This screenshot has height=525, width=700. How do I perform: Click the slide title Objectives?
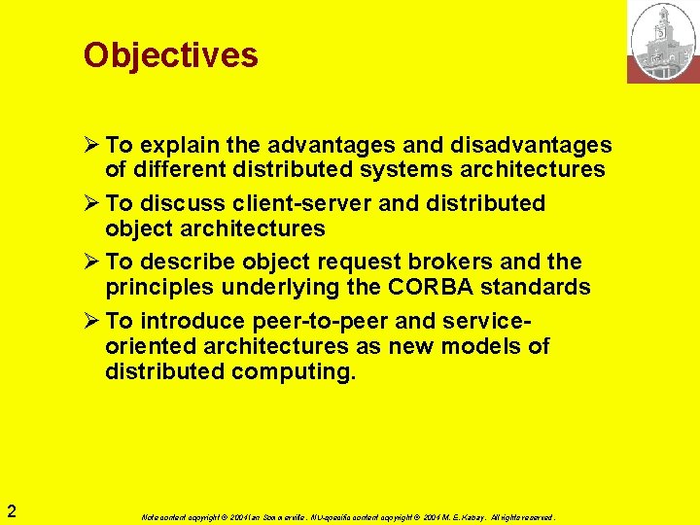[171, 54]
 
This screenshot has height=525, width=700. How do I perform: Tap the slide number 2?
[10, 510]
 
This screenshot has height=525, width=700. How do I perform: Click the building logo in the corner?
[663, 41]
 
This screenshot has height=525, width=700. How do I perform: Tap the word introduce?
[191, 322]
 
